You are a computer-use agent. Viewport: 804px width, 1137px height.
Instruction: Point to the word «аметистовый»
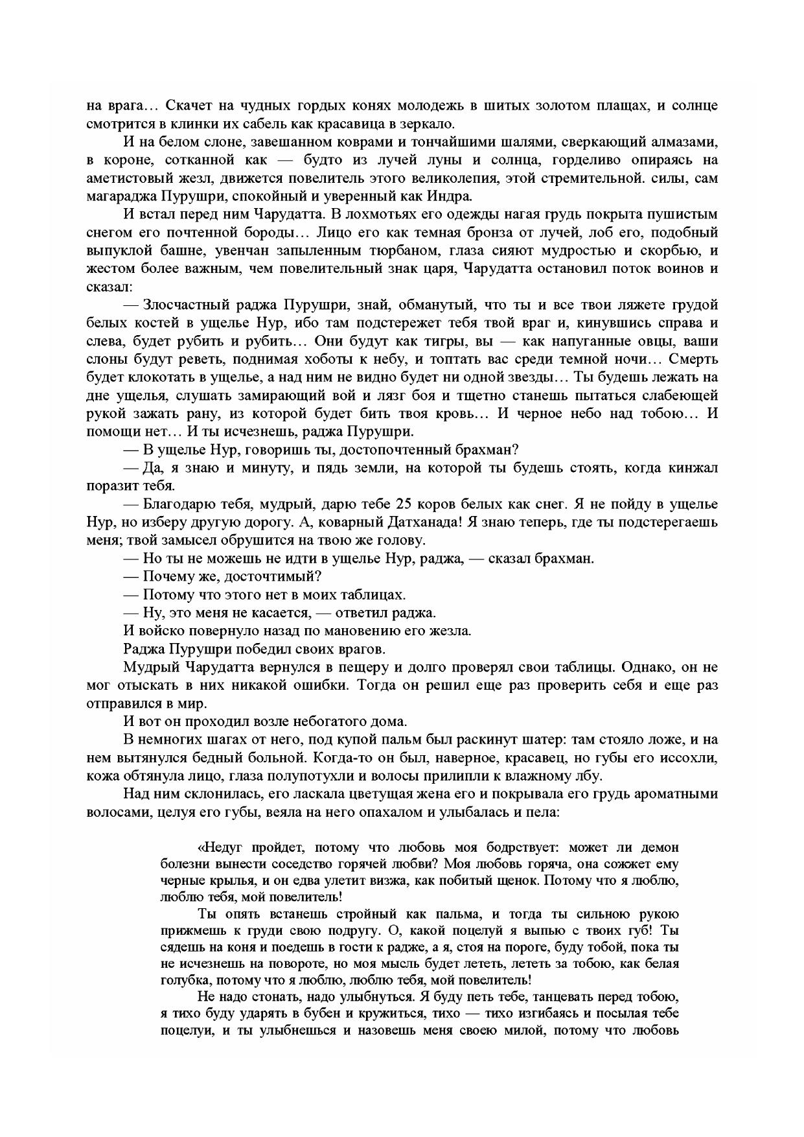[x=124, y=178]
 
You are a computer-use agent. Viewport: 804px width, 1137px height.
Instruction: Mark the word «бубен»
[x=374, y=1013]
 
